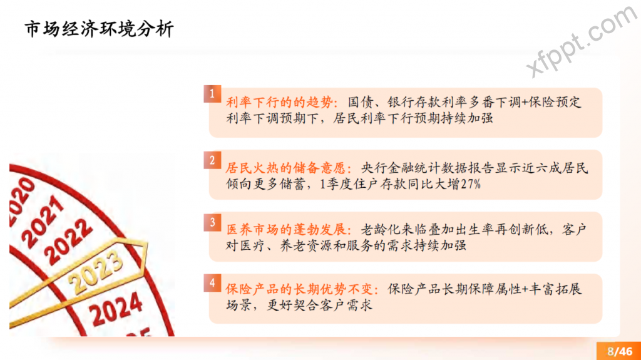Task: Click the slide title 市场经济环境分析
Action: point(100,29)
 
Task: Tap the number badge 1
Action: point(212,94)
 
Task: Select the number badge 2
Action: point(212,160)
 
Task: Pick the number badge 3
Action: point(212,222)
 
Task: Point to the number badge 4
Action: point(212,283)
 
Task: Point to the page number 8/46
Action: point(620,351)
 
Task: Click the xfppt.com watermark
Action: point(582,40)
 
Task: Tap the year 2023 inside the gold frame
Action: point(96,270)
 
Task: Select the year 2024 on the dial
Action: point(116,309)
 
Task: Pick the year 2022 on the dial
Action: point(68,242)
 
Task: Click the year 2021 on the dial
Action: point(43,221)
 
